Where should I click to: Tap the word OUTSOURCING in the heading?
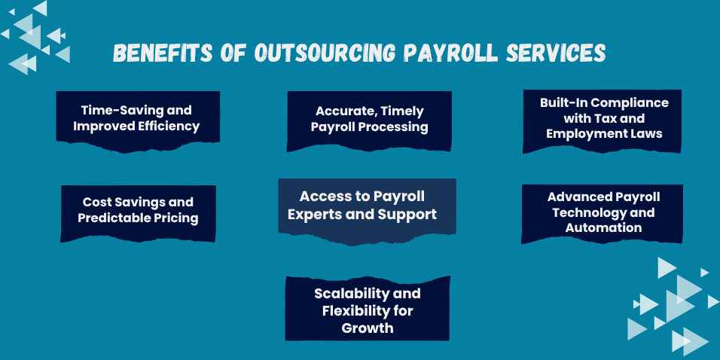(325, 53)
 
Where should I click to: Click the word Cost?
(93, 202)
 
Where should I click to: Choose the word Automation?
(603, 227)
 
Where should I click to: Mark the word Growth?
(368, 328)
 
